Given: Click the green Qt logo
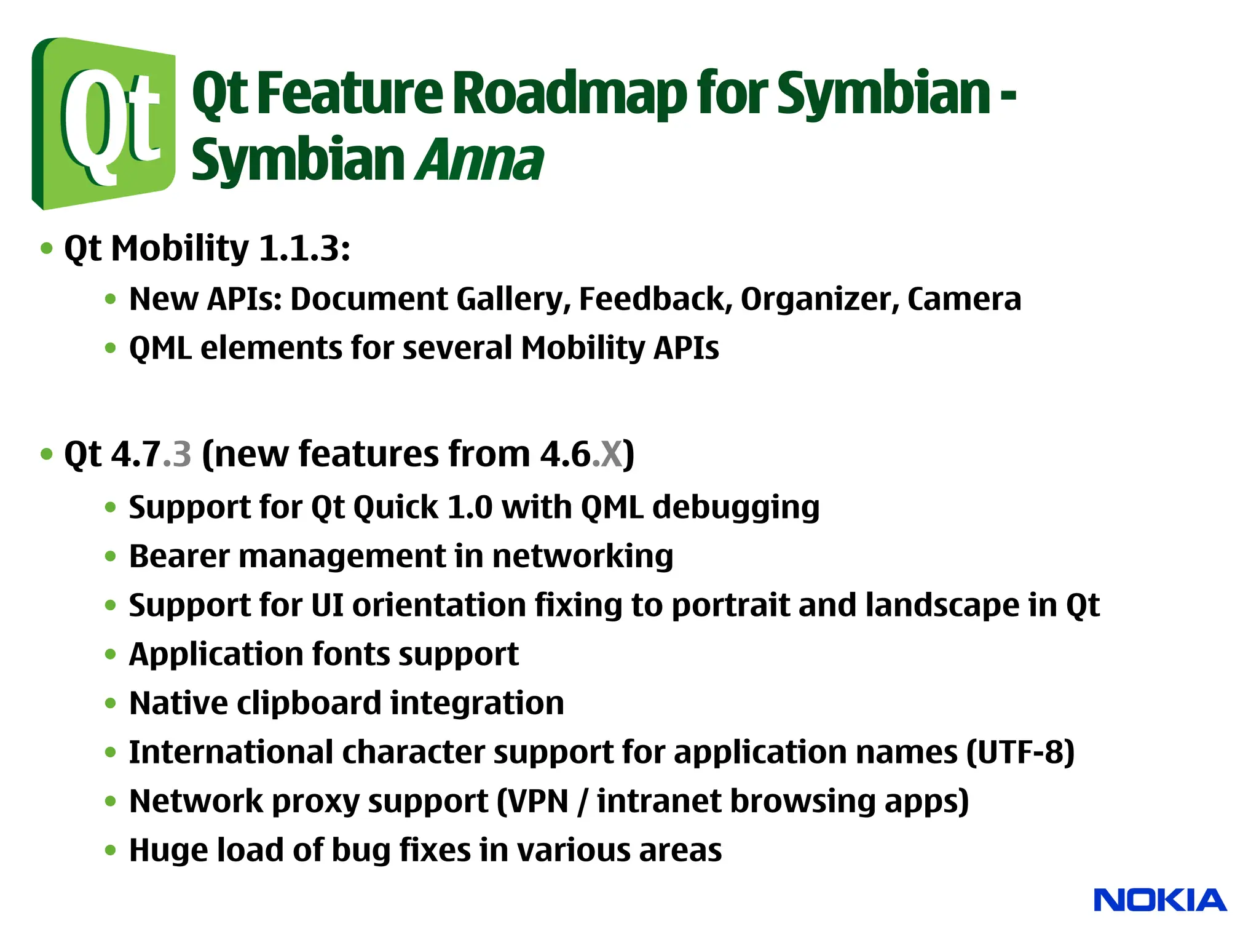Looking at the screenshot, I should click(103, 123).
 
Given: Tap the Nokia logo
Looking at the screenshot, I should click(1160, 900).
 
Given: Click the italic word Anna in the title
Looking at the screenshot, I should click(480, 160).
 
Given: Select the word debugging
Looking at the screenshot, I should click(735, 508).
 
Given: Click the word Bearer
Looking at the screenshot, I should click(179, 556).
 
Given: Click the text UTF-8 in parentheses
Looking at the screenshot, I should click(1020, 752).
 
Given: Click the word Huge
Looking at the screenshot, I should click(163, 851).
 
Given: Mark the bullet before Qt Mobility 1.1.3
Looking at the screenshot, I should click(47, 249).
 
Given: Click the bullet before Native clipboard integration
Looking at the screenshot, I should click(111, 703).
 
